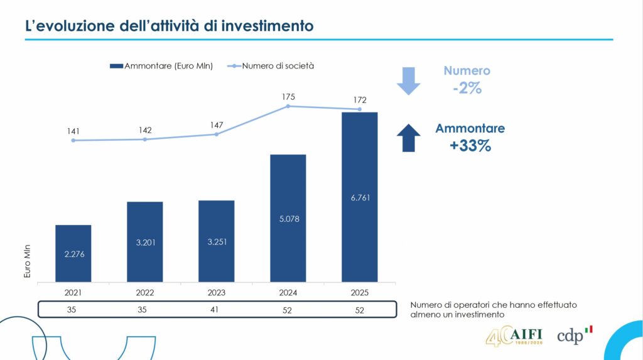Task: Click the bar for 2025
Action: point(359,197)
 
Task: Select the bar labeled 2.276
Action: point(73,253)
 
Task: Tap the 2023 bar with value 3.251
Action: point(216,241)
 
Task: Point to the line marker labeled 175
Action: point(288,106)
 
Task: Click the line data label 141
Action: point(73,131)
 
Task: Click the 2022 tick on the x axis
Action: point(144,292)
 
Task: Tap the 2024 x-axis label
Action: point(288,292)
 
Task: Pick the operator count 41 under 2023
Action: point(216,310)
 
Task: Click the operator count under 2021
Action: point(73,310)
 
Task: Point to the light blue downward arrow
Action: point(408,80)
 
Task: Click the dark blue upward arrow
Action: point(408,137)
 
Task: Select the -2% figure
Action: point(467,89)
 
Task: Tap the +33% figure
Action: point(470,146)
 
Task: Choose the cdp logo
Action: point(574,335)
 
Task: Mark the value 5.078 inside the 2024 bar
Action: point(288,219)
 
